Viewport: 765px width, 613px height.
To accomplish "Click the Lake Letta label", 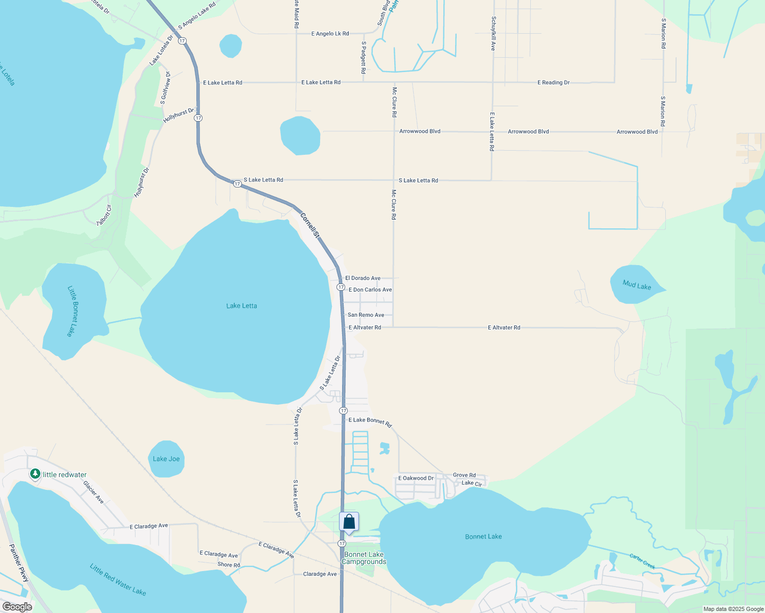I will point(241,306).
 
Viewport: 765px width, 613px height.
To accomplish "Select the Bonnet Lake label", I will point(483,536).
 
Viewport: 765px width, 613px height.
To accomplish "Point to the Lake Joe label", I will point(166,459).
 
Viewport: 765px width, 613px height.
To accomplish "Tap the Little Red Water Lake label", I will point(118,579).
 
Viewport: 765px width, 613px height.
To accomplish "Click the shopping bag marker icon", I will point(349,522).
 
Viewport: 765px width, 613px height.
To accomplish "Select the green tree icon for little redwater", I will point(35,474).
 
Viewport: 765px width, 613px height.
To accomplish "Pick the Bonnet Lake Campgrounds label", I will point(364,558).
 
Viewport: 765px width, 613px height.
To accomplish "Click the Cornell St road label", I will point(309,225).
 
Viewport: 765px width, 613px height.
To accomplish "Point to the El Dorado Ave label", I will point(363,278).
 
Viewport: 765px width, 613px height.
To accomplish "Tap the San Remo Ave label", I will point(366,315).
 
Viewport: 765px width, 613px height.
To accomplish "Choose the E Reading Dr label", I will point(553,82).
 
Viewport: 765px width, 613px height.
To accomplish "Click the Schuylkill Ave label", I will point(493,33).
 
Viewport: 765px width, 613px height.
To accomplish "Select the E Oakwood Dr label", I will point(416,478).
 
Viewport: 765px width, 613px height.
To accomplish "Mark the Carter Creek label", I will point(642,561).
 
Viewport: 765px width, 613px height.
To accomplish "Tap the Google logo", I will point(17,607).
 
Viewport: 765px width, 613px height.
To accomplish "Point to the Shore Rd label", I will point(229,564).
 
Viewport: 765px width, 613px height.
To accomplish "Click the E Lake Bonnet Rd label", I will point(370,421).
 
